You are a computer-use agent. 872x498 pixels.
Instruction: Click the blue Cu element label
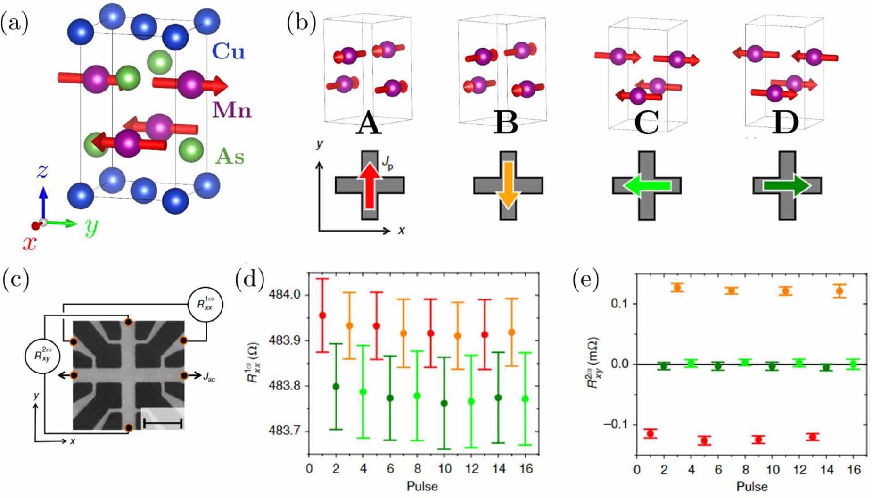[x=228, y=51]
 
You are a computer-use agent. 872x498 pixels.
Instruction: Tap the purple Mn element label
[x=231, y=110]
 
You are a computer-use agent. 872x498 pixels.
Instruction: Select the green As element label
[x=230, y=156]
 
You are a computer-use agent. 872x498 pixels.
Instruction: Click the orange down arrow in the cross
[x=508, y=185]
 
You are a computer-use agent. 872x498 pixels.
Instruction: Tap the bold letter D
[x=785, y=123]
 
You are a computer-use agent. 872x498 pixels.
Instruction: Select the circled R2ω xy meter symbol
[x=42, y=356]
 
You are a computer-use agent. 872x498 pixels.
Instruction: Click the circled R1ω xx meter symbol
[x=205, y=305]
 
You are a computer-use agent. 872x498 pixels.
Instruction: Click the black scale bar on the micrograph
[x=163, y=423]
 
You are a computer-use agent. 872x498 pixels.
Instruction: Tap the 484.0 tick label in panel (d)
[x=284, y=295]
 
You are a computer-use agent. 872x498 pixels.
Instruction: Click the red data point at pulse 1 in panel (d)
[x=322, y=315]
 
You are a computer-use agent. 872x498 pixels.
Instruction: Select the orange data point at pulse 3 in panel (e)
[x=677, y=287]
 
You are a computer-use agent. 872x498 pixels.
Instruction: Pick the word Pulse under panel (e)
[x=752, y=486]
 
